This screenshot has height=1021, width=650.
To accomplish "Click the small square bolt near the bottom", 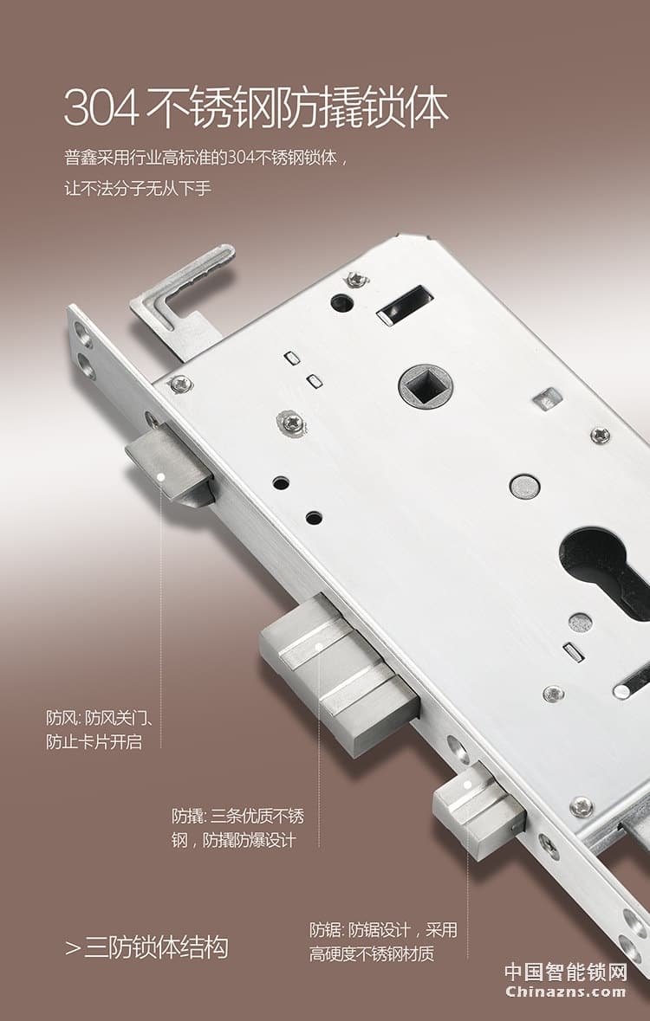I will (x=478, y=809).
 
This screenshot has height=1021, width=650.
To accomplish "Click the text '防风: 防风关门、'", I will (x=104, y=718).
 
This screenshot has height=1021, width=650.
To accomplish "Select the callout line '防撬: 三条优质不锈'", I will (x=237, y=816).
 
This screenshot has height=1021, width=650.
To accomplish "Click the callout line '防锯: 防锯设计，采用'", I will (x=382, y=931).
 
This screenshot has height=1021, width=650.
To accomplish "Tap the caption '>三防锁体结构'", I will (x=146, y=947).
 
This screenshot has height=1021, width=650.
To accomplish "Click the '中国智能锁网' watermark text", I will (x=565, y=972).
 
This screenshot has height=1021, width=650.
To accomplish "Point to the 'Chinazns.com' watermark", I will (x=565, y=992).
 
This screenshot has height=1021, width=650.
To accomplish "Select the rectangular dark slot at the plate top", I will (x=405, y=305).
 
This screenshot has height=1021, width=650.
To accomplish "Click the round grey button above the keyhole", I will (x=524, y=486).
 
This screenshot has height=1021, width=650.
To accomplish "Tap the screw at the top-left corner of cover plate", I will (x=180, y=384).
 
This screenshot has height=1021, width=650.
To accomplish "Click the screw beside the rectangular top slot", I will (x=356, y=279).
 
